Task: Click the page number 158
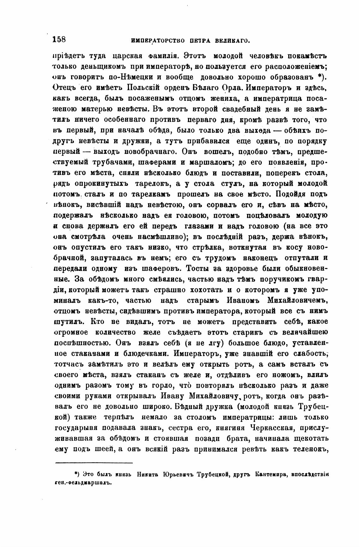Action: click(59, 39)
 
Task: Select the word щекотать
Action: click(307, 439)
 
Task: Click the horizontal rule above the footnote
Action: click(94, 463)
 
